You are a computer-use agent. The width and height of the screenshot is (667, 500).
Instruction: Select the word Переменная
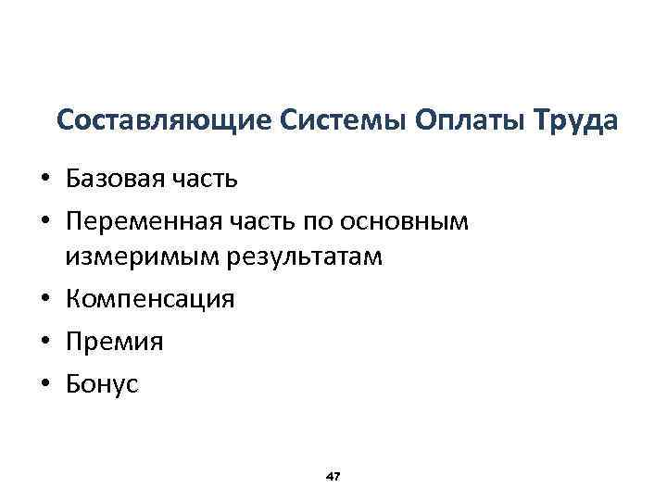tap(139, 222)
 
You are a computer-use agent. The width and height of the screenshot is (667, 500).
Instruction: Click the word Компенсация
tap(149, 300)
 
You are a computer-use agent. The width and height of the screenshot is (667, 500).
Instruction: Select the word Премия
tap(113, 343)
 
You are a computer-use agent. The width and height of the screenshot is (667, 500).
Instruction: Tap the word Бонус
tap(102, 384)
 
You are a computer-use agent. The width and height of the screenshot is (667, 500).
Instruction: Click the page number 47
tap(334, 476)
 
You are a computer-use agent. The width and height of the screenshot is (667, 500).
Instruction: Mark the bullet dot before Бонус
tap(43, 385)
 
